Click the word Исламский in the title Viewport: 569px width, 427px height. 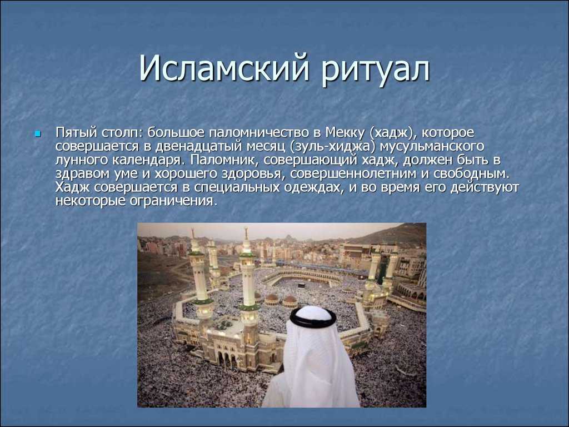(x=224, y=68)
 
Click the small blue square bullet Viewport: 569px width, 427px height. (x=37, y=135)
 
